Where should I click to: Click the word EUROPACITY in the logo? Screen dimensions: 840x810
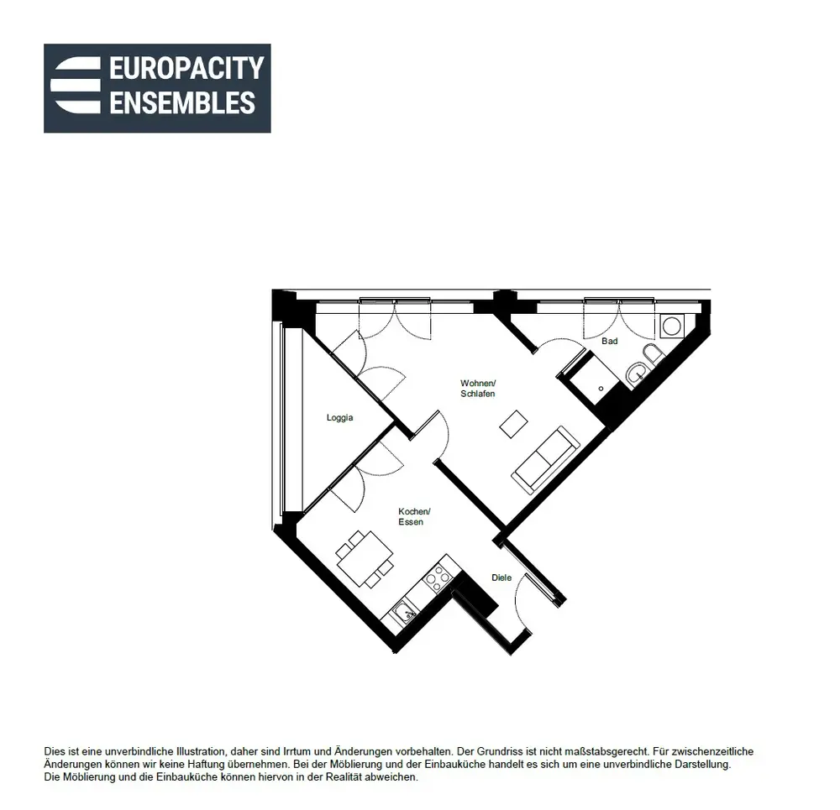pos(186,68)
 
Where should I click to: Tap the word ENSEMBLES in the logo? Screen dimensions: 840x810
pos(182,102)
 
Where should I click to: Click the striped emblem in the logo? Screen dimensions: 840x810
pos(76,85)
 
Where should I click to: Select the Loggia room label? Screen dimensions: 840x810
pos(339,417)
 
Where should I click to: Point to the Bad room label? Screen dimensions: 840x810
pos(610,341)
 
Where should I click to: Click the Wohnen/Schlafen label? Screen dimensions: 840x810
pos(478,389)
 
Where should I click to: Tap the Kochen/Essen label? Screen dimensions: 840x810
pos(414,516)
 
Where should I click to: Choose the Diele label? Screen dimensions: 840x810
pos(501,577)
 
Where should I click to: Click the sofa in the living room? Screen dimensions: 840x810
pos(545,460)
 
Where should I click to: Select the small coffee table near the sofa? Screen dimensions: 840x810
pos(514,425)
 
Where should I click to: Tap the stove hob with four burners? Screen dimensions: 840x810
pos(437,578)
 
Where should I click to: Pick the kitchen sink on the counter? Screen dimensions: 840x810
pos(404,611)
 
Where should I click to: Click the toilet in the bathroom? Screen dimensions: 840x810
pos(653,354)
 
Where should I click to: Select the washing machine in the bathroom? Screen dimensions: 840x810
pos(672,326)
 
